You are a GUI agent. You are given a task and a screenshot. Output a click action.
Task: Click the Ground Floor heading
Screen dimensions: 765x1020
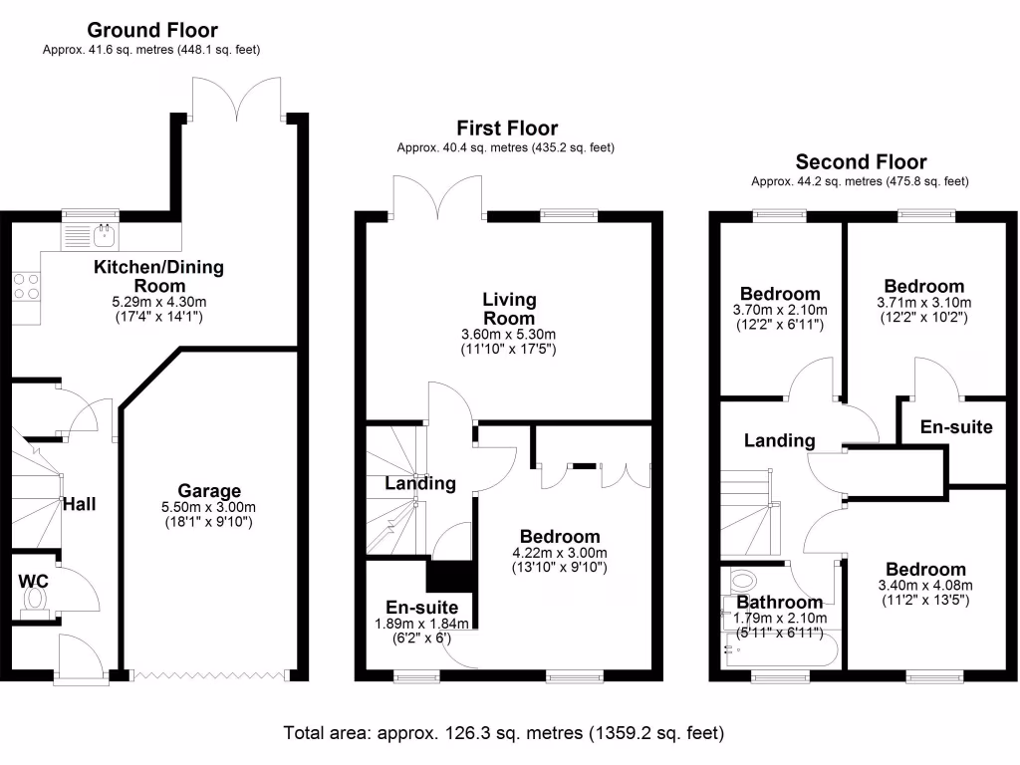pyautogui.click(x=152, y=31)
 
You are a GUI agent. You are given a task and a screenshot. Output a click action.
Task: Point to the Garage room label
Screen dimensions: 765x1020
pyautogui.click(x=209, y=490)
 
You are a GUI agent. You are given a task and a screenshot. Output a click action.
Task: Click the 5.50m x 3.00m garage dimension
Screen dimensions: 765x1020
pyautogui.click(x=209, y=506)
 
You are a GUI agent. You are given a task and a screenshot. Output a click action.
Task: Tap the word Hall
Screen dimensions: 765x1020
pyautogui.click(x=79, y=505)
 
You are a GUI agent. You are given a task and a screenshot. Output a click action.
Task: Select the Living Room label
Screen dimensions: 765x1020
pyautogui.click(x=509, y=308)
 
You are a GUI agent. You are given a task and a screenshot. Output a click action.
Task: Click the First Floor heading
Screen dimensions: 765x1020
pyautogui.click(x=507, y=127)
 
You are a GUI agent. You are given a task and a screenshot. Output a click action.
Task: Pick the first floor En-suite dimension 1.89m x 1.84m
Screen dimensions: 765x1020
pyautogui.click(x=422, y=624)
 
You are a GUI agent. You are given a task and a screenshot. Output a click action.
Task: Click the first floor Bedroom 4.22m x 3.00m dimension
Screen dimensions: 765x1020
pyautogui.click(x=556, y=553)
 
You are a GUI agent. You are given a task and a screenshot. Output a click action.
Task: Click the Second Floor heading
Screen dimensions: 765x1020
pyautogui.click(x=861, y=161)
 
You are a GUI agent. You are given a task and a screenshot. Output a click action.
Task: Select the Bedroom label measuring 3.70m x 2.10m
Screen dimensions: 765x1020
pyautogui.click(x=780, y=294)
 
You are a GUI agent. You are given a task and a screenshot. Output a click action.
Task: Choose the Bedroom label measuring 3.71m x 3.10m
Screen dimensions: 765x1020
pyautogui.click(x=923, y=287)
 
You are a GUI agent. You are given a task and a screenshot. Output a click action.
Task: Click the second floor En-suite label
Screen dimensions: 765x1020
pyautogui.click(x=956, y=427)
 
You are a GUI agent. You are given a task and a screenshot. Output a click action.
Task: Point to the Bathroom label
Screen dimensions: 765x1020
pyautogui.click(x=780, y=602)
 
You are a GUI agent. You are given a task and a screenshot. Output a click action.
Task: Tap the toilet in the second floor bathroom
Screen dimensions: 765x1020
pyautogui.click(x=742, y=580)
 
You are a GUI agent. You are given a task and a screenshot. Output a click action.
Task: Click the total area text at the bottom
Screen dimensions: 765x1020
pyautogui.click(x=503, y=733)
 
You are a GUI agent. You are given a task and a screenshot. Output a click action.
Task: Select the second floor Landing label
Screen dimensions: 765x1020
pyautogui.click(x=780, y=440)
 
